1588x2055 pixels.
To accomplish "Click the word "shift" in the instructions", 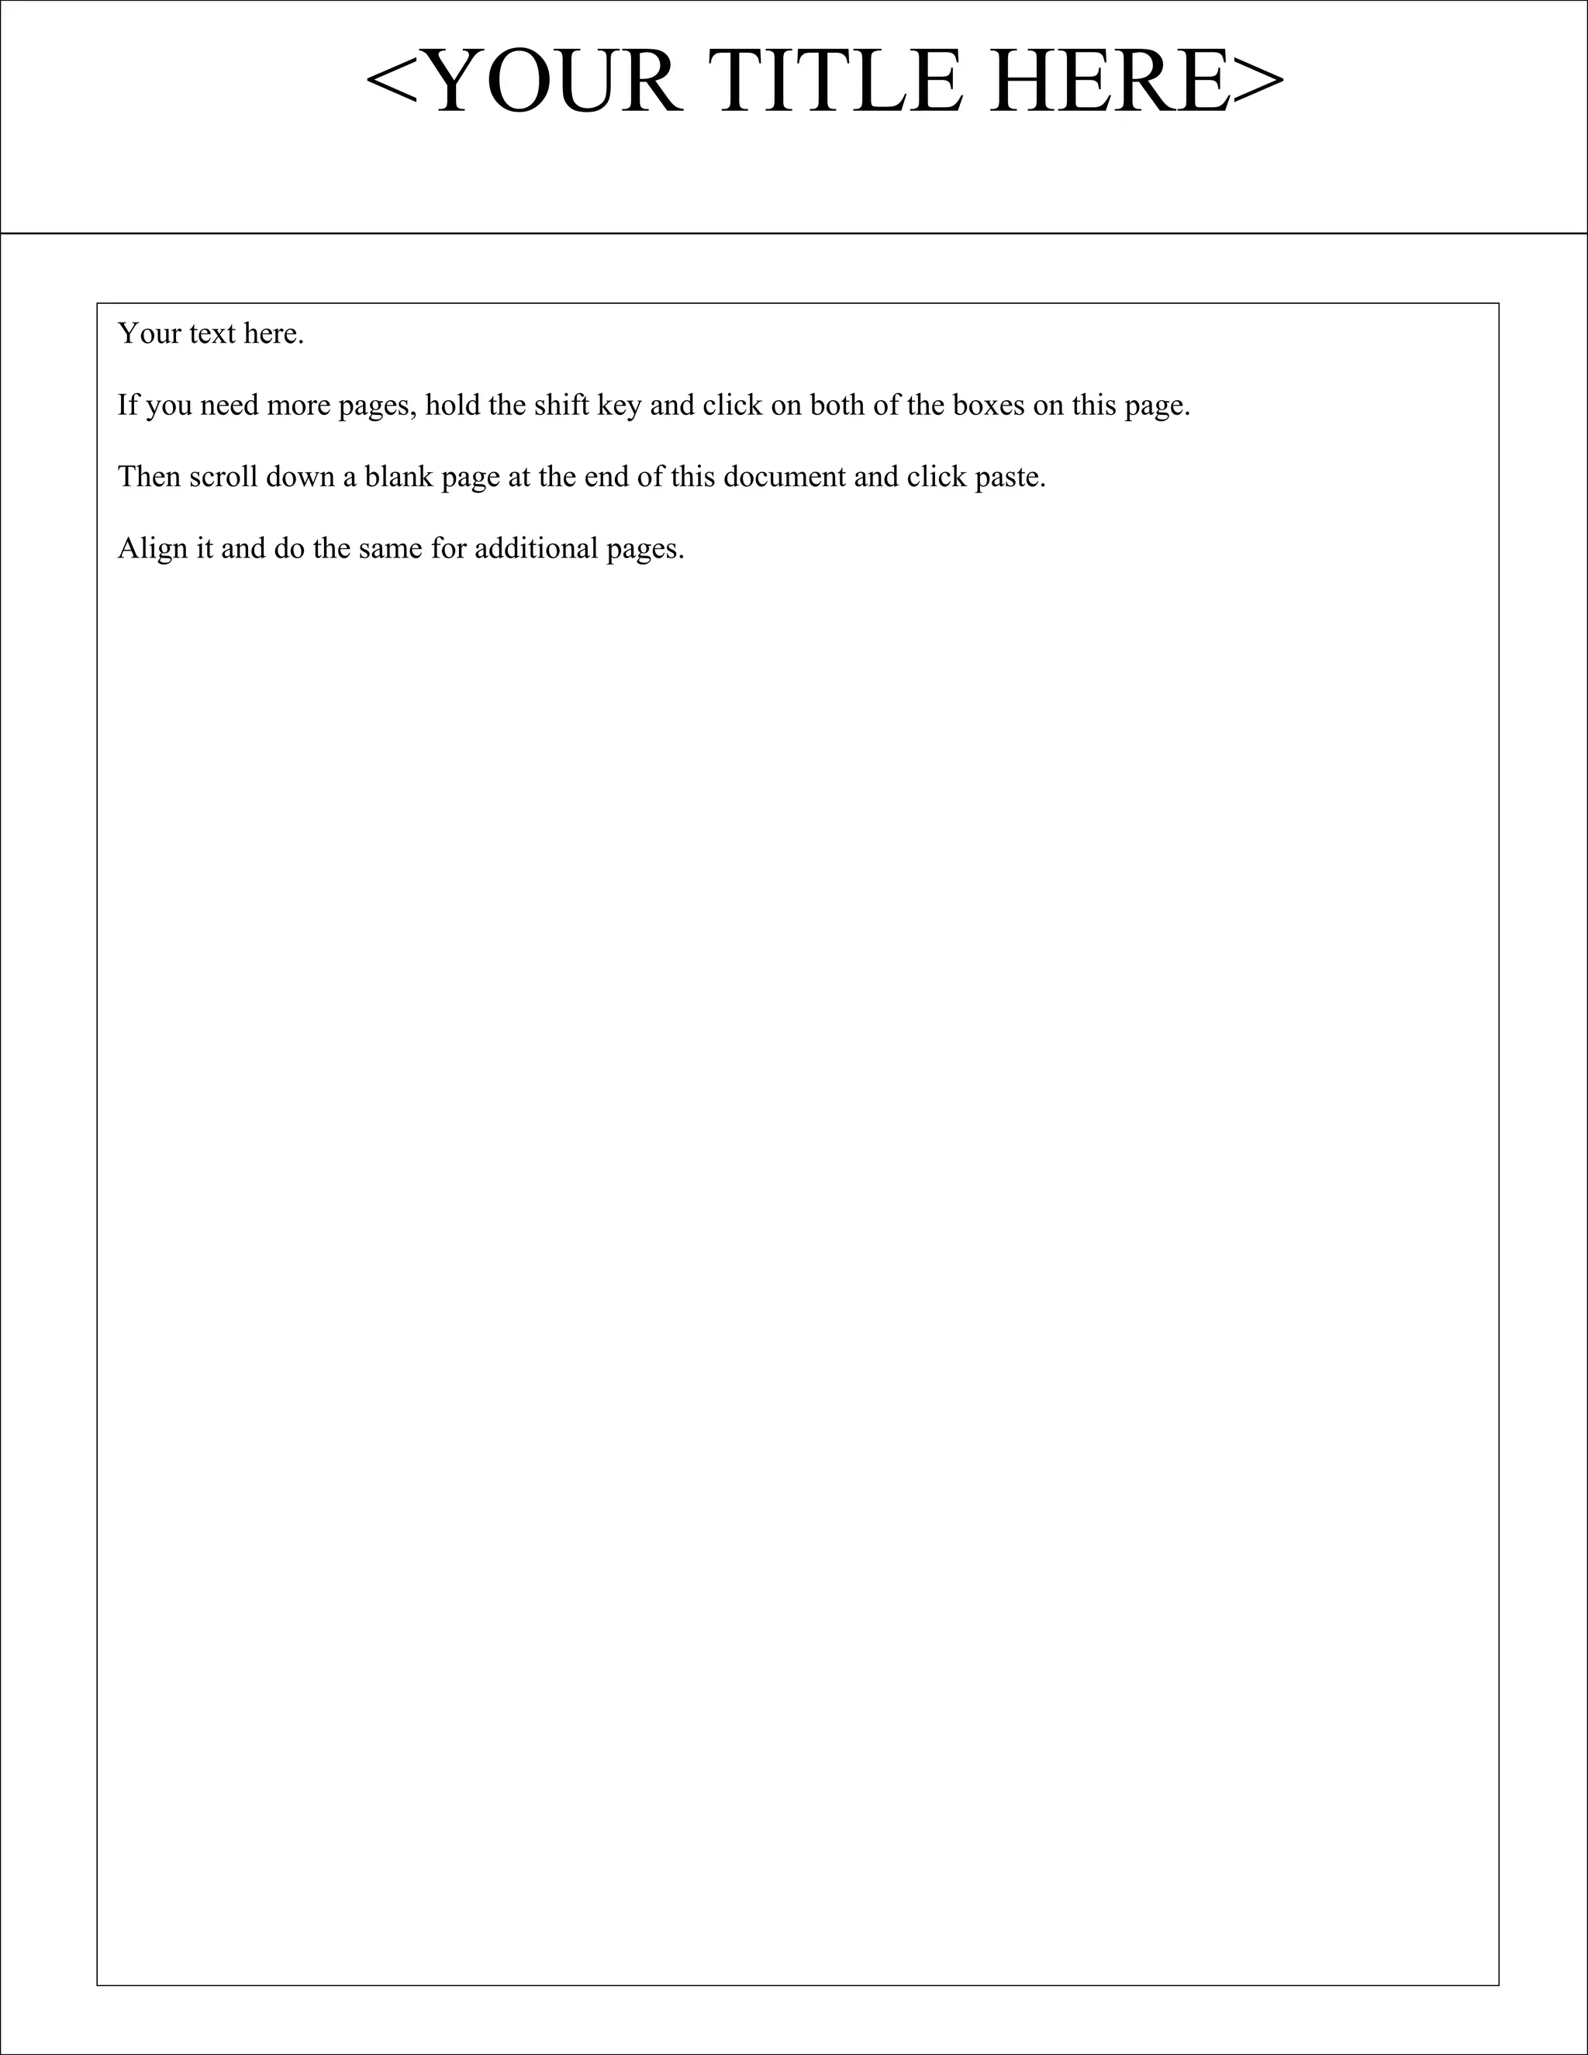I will coord(561,406).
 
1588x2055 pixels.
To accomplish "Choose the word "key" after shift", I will coord(620,406).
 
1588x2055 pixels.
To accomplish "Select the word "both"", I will coord(840,406).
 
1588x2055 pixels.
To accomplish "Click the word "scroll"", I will coord(223,477).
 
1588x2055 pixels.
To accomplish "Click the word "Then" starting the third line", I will coord(149,477).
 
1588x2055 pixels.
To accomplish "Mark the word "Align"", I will coord(154,548).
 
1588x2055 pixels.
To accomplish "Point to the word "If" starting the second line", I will coord(126,406).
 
